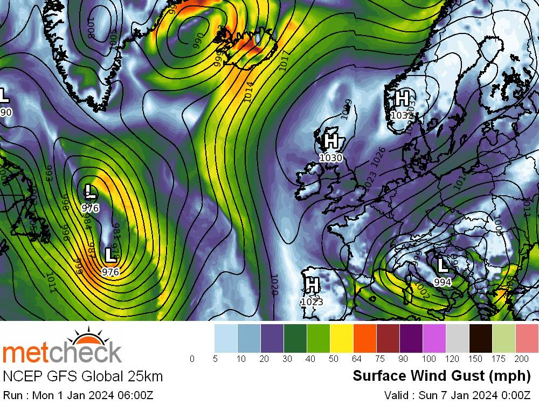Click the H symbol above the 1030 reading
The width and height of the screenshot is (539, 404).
click(331, 141)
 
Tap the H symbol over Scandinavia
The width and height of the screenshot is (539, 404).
click(402, 99)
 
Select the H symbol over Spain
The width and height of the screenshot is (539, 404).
click(312, 284)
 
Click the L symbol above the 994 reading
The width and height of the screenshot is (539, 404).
click(442, 265)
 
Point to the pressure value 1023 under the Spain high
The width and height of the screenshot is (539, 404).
click(312, 302)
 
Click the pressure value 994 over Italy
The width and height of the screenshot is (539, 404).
click(443, 282)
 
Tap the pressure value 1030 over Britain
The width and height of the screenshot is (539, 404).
click(330, 158)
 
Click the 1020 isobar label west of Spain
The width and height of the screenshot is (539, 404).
click(274, 284)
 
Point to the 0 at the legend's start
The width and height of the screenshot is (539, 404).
click(192, 359)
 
